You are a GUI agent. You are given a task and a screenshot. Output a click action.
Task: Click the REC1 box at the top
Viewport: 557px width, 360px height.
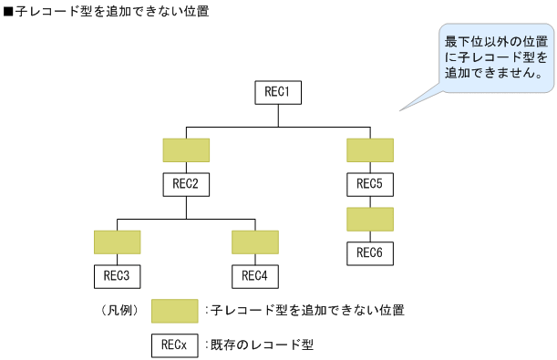(x=277, y=92)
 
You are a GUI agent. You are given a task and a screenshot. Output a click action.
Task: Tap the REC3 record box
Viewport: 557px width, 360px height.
(x=117, y=275)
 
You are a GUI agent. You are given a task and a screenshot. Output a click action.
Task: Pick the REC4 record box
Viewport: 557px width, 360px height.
(x=254, y=275)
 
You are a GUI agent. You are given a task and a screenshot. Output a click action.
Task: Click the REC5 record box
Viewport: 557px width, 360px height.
(x=369, y=184)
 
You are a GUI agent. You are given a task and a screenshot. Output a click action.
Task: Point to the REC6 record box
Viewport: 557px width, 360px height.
(x=369, y=252)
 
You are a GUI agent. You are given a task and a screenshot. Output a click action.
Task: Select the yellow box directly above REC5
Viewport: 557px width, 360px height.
(x=369, y=149)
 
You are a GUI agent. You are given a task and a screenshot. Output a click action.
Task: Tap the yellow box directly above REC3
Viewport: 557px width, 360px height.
(x=117, y=242)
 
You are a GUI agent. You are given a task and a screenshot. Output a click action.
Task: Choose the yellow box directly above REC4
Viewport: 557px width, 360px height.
(x=254, y=242)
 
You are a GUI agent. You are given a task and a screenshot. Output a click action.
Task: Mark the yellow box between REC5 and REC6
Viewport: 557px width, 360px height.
(x=369, y=219)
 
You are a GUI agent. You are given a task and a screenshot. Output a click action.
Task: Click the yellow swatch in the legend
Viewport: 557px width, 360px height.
(x=174, y=311)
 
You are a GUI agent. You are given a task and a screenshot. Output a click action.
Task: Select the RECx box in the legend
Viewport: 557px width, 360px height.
(x=174, y=345)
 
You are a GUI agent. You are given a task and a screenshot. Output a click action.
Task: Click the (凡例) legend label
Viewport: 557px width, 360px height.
(x=119, y=311)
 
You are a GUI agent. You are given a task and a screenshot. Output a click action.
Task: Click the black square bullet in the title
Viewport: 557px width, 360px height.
(x=8, y=11)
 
